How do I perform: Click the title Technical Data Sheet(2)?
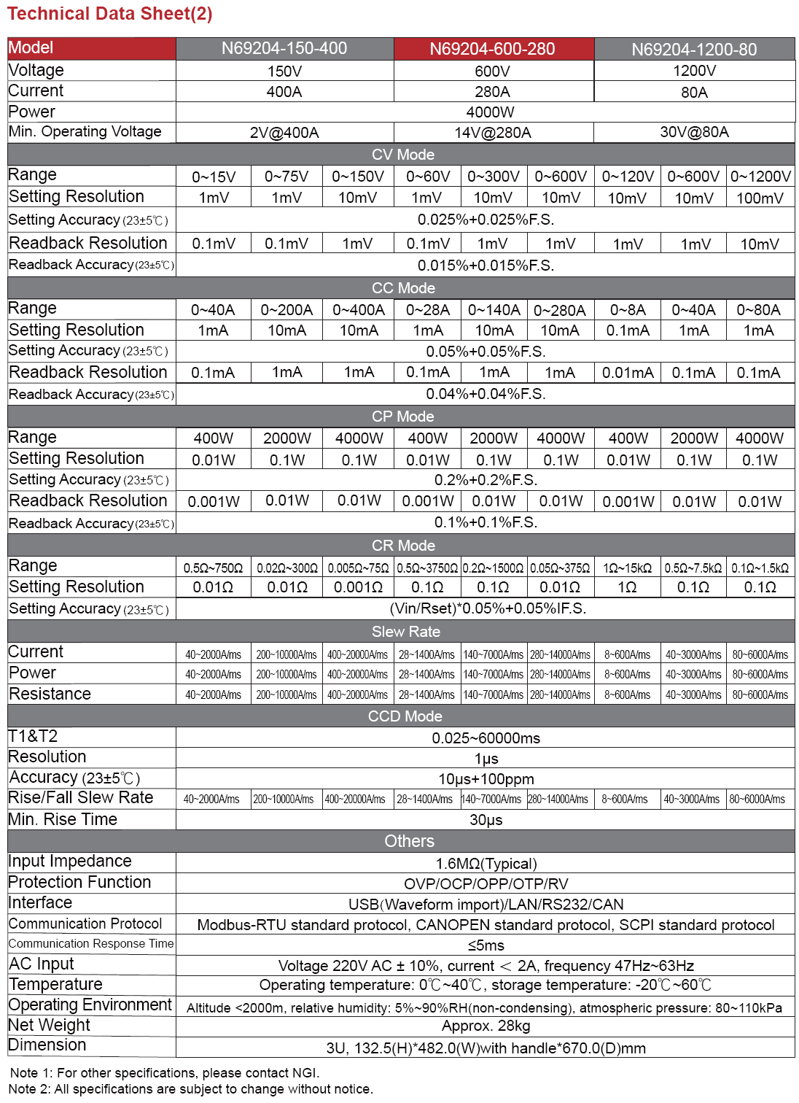[x=110, y=14]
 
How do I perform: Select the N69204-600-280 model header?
[x=492, y=49]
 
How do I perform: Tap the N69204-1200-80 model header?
[x=694, y=50]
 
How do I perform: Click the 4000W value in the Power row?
[x=490, y=112]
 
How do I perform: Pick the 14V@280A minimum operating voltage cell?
[x=492, y=133]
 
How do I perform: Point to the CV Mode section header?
[x=402, y=155]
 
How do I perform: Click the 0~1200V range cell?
[x=760, y=177]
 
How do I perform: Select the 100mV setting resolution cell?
[x=760, y=198]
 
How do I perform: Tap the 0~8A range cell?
[x=628, y=310]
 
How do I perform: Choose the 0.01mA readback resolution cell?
[x=628, y=373]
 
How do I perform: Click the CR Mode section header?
[x=402, y=546]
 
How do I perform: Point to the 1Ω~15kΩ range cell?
[x=627, y=568]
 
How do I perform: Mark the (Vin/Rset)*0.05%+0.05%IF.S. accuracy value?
[x=488, y=608]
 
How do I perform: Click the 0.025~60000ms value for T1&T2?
[x=486, y=738]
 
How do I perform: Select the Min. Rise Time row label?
[x=63, y=820]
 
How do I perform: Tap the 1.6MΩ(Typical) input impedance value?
[x=486, y=864]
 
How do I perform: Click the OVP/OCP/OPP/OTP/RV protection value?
[x=486, y=884]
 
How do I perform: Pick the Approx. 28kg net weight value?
[x=486, y=1026]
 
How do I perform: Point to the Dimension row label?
[x=47, y=1045]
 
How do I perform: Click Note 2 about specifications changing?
[x=191, y=1089]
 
